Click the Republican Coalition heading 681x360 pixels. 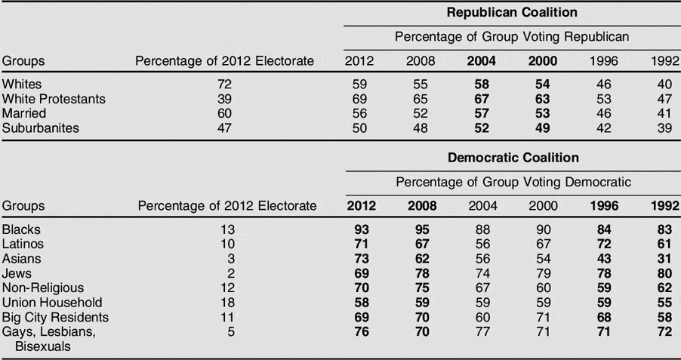[512, 12]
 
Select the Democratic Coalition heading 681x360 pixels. [513, 158]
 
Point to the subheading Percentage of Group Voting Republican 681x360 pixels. [513, 36]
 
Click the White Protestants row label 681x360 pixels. [54, 99]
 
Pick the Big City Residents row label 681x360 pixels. [55, 317]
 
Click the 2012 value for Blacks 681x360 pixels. [362, 229]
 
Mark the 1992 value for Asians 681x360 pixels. [664, 259]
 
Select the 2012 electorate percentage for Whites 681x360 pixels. [223, 85]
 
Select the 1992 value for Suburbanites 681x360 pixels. [664, 128]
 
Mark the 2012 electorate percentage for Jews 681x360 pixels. [230, 273]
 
